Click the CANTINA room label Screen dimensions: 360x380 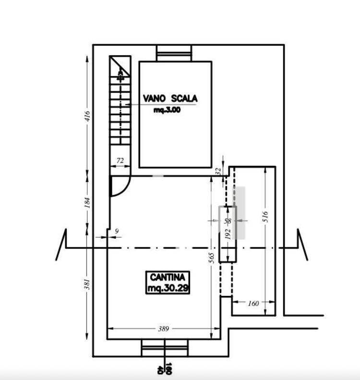[x=168, y=277]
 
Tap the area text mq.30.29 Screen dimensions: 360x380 [x=168, y=288]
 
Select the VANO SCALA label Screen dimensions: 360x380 [x=170, y=98]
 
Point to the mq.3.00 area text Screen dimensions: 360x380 [x=167, y=110]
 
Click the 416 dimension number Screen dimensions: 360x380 [x=87, y=116]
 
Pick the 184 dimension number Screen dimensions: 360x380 [x=87, y=203]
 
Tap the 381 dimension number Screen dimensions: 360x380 [x=87, y=284]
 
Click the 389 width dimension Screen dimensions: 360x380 [x=163, y=329]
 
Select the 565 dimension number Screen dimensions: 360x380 [x=211, y=258]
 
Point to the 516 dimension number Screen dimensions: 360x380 [x=265, y=217]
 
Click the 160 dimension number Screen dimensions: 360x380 [x=253, y=304]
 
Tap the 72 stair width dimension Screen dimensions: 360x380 [x=120, y=160]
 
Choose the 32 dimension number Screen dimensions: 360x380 [x=218, y=172]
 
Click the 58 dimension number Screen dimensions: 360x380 [x=228, y=221]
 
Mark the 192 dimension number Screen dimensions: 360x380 [x=228, y=234]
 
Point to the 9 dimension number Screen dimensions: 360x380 [x=117, y=231]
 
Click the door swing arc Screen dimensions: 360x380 [x=125, y=189]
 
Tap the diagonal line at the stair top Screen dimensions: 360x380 [x=120, y=66]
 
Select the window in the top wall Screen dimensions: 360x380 [x=174, y=53]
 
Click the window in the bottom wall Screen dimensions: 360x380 [x=165, y=348]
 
